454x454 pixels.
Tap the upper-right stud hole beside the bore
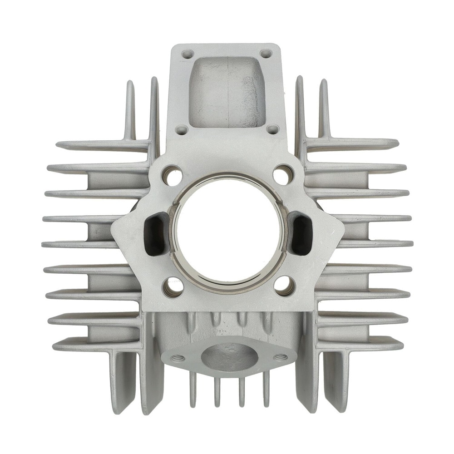coord(283,174)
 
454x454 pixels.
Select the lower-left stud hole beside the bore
coord(173,286)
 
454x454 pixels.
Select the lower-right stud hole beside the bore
coord(285,285)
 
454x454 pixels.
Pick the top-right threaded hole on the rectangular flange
coord(266,54)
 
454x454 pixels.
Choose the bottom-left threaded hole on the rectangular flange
coord(182,130)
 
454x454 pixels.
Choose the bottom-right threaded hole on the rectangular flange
coord(272,129)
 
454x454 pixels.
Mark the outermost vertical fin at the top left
coord(130,109)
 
